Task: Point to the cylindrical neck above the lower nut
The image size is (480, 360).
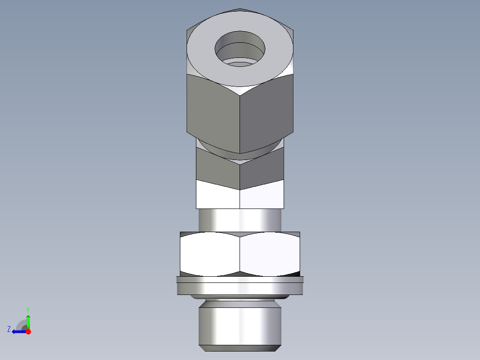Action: pos(240,220)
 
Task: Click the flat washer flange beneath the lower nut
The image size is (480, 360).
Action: pos(240,286)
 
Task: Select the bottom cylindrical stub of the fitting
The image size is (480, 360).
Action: pos(240,323)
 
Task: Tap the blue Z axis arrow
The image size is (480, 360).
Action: pos(18,331)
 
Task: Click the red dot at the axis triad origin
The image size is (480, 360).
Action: pos(28,331)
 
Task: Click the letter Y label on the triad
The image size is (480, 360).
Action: pos(28,309)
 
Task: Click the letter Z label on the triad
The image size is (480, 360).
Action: pos(9,329)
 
